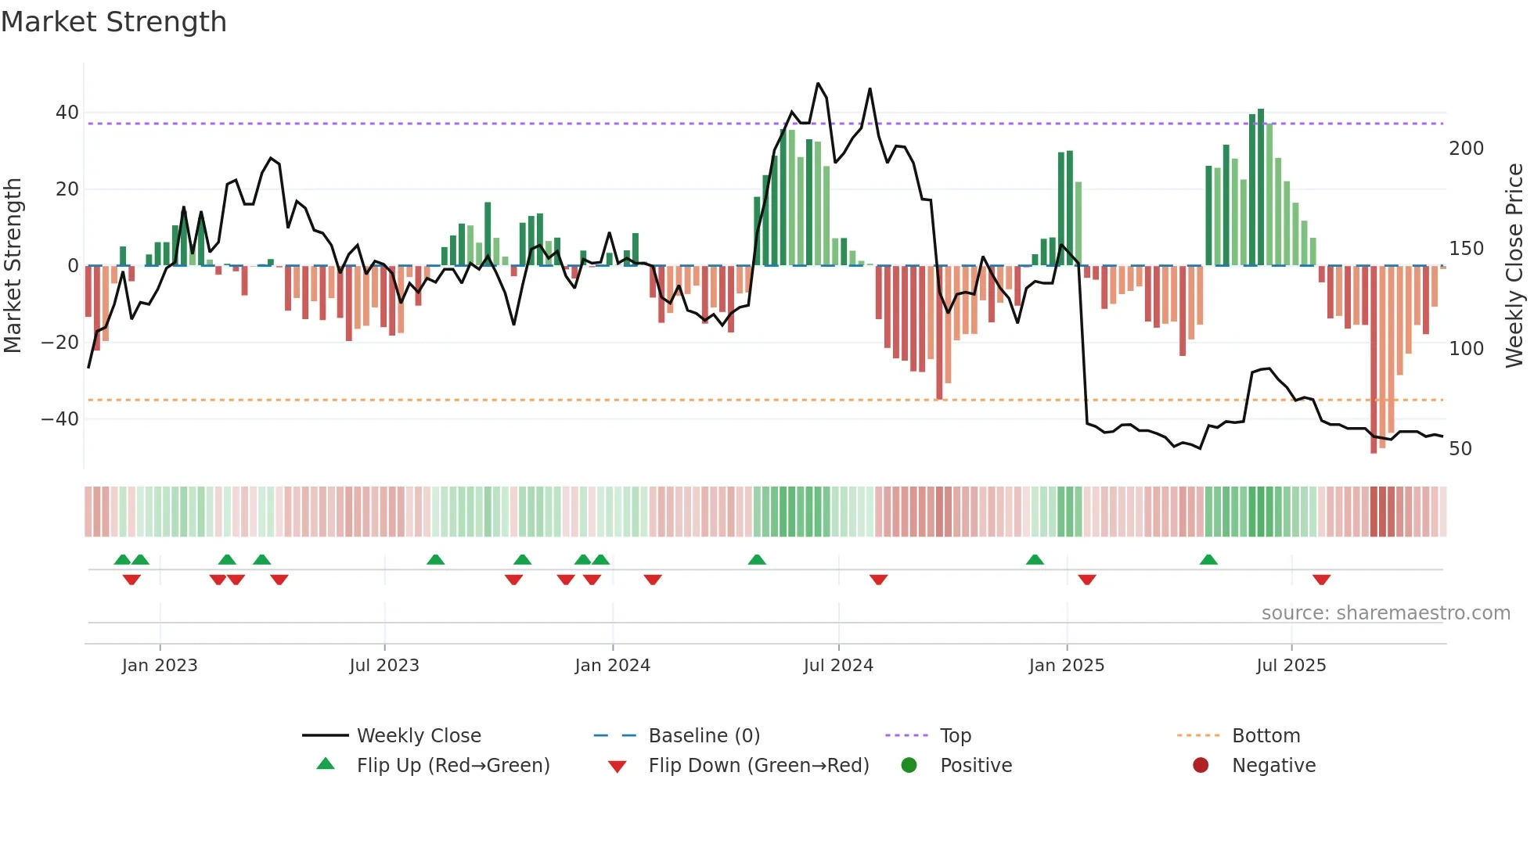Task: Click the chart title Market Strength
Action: click(113, 22)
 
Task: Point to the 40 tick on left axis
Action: click(67, 113)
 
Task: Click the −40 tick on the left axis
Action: click(60, 419)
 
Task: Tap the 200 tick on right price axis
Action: click(1466, 149)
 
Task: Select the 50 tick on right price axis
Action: click(1460, 449)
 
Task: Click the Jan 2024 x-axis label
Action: click(612, 666)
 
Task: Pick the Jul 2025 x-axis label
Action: click(1291, 666)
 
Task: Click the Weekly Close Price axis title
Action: click(1514, 266)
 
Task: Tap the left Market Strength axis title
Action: click(13, 266)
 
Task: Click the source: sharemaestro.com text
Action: click(1385, 613)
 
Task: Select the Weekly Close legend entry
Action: click(418, 736)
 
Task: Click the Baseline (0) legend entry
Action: click(704, 736)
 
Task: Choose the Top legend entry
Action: click(955, 736)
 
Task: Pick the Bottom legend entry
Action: click(1266, 736)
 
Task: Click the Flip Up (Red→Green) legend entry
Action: click(452, 766)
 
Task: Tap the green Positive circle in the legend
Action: click(909, 765)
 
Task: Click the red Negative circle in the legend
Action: click(1201, 765)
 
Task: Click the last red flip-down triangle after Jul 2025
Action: click(1321, 580)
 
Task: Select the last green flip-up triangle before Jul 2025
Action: click(1208, 560)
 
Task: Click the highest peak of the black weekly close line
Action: click(818, 84)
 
